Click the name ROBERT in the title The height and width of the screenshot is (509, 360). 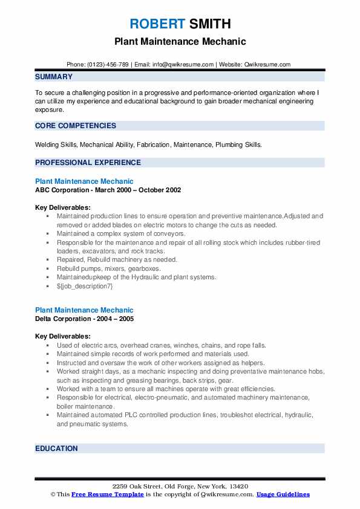click(157, 24)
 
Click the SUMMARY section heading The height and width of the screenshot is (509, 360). click(54, 77)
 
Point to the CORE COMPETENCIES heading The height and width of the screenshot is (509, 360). click(76, 126)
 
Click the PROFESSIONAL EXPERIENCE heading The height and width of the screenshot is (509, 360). click(88, 162)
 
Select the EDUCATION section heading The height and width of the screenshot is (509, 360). click(57, 448)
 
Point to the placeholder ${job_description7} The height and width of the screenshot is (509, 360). click(85, 286)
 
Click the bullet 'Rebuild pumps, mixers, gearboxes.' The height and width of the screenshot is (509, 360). click(109, 268)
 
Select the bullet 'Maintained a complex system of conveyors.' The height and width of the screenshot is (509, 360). click(121, 233)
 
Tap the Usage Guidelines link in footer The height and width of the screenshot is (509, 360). click(283, 494)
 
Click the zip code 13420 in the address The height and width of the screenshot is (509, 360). click(238, 487)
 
